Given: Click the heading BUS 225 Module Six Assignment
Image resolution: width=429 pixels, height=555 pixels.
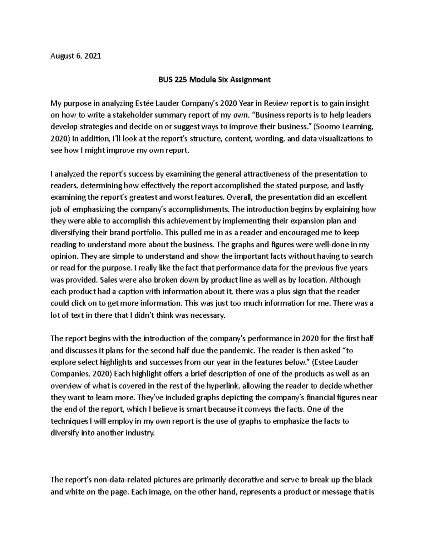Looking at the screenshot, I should (214, 80).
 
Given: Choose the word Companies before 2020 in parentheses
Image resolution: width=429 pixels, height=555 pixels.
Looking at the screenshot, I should (70, 374).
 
